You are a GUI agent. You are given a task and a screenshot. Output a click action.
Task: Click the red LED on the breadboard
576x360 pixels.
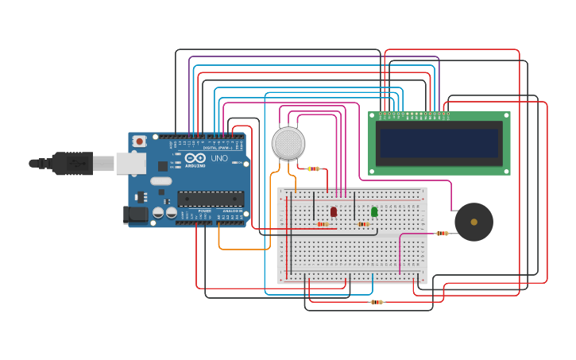334,211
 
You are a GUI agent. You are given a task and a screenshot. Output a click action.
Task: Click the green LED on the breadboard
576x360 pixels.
374,211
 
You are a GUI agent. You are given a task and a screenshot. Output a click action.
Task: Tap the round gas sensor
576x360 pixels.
288,143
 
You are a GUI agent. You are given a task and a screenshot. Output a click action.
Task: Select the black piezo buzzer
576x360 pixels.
474,222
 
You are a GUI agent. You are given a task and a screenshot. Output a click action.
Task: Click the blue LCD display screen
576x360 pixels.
439,144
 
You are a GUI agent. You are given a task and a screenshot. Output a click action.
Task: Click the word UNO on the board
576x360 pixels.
219,158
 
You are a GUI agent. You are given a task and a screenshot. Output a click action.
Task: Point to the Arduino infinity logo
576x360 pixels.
195,158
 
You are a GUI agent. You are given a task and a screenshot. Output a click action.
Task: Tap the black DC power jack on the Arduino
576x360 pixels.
136,214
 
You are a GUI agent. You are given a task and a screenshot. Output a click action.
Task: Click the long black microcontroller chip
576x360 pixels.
211,199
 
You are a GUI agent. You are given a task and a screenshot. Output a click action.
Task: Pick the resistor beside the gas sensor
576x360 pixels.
314,168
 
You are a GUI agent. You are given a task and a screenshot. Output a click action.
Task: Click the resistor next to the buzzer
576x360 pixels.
443,234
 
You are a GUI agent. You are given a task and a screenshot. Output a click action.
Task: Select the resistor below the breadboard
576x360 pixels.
377,302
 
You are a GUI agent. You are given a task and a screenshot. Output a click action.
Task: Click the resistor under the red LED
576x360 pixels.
323,224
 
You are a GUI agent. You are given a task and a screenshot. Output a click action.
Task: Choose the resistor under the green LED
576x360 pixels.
364,224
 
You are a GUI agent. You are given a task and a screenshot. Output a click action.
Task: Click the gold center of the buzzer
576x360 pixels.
474,222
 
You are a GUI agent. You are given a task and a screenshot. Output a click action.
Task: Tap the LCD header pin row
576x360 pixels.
415,114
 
